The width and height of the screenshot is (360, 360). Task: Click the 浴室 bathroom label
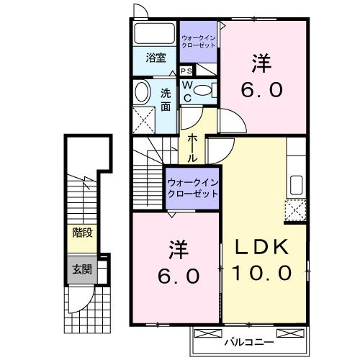pyautogui.click(x=156, y=58)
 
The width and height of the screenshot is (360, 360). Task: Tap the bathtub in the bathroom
pyautogui.click(x=153, y=34)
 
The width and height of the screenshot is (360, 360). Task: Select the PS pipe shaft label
pyautogui.click(x=186, y=71)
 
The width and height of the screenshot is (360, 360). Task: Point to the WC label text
pyautogui.click(x=186, y=91)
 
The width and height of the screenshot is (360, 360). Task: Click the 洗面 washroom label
pyautogui.click(x=166, y=99)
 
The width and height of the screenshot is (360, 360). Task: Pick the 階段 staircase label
pyautogui.click(x=81, y=233)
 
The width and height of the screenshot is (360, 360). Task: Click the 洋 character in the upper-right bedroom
pyautogui.click(x=261, y=63)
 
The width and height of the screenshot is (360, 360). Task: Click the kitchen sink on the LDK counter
pyautogui.click(x=296, y=184)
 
